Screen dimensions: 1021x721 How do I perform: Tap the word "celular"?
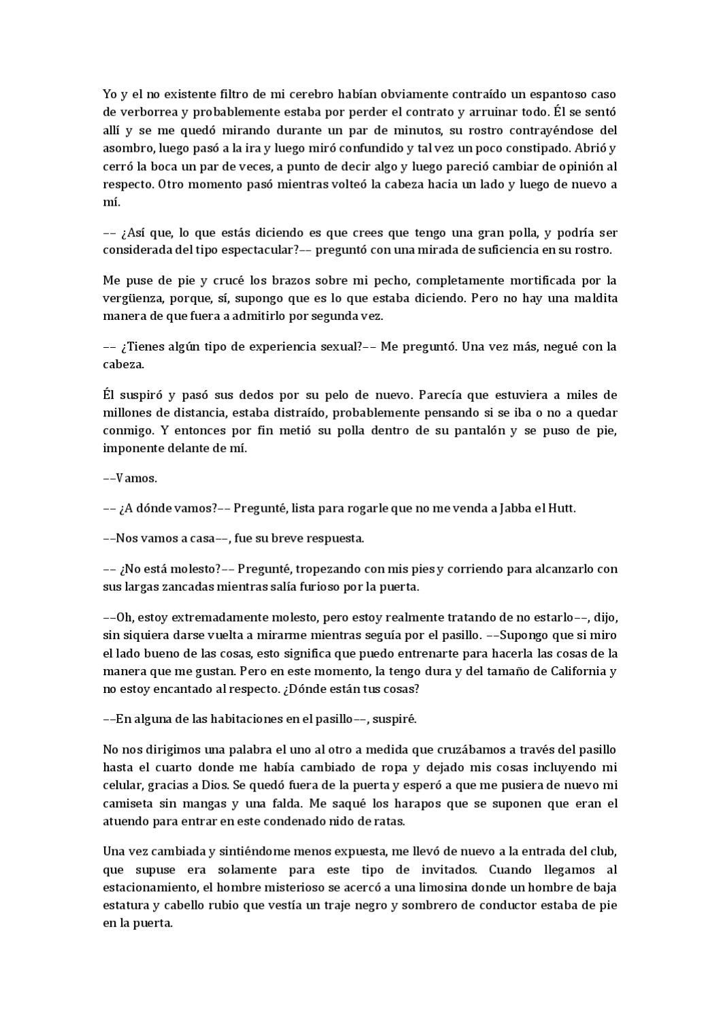point(122,785)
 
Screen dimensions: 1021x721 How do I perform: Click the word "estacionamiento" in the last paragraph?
point(147,888)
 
